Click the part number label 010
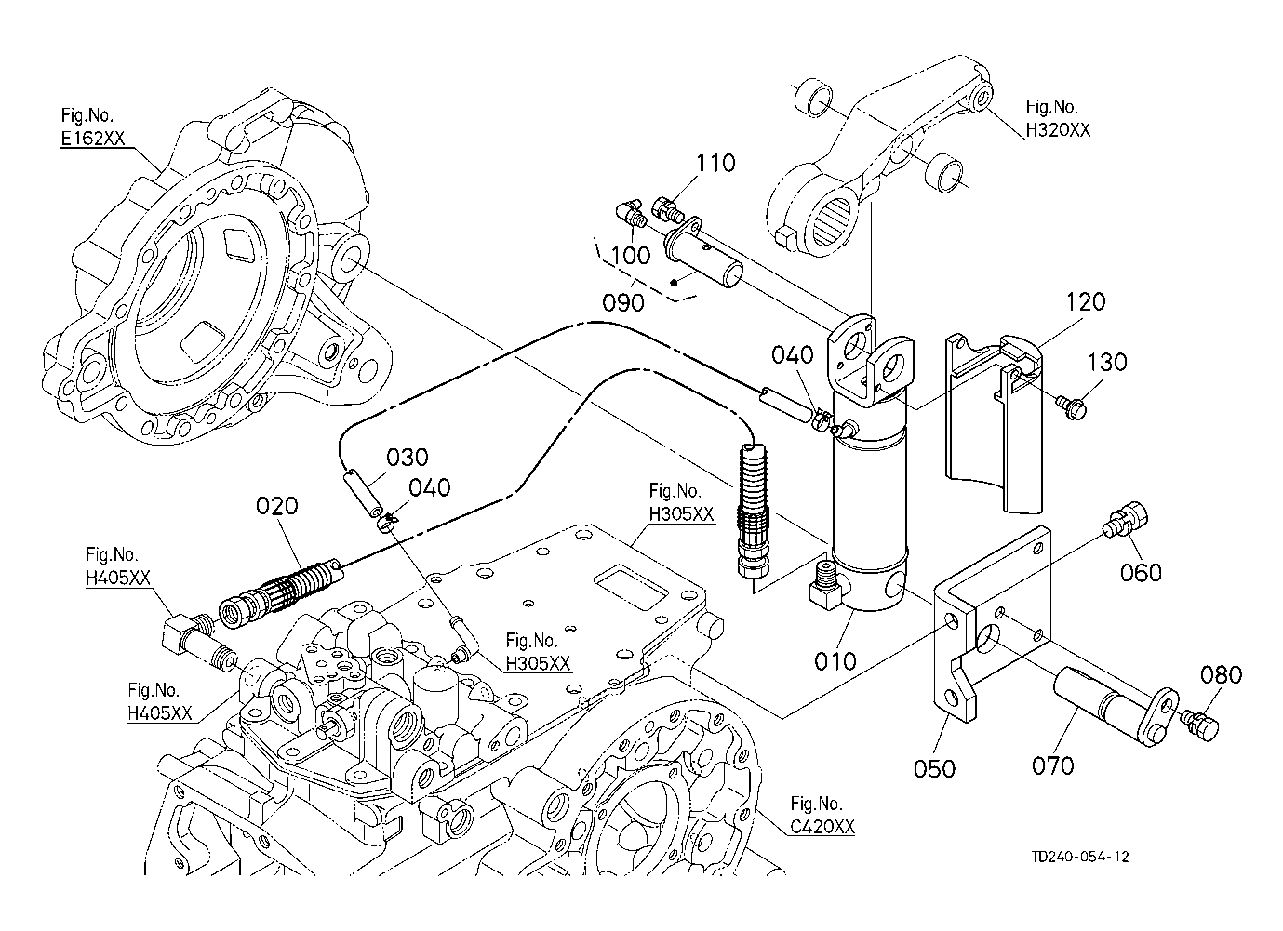pyautogui.click(x=835, y=661)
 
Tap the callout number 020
pyautogui.click(x=278, y=506)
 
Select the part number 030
pyautogui.click(x=408, y=458)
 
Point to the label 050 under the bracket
pyautogui.click(x=934, y=768)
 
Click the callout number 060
pyautogui.click(x=1141, y=571)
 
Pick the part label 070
pyautogui.click(x=1052, y=765)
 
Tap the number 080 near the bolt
pyautogui.click(x=1220, y=674)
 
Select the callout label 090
pyautogui.click(x=623, y=303)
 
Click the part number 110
pyautogui.click(x=715, y=164)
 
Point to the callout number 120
pyautogui.click(x=1086, y=302)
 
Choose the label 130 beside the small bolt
pyautogui.click(x=1106, y=362)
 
